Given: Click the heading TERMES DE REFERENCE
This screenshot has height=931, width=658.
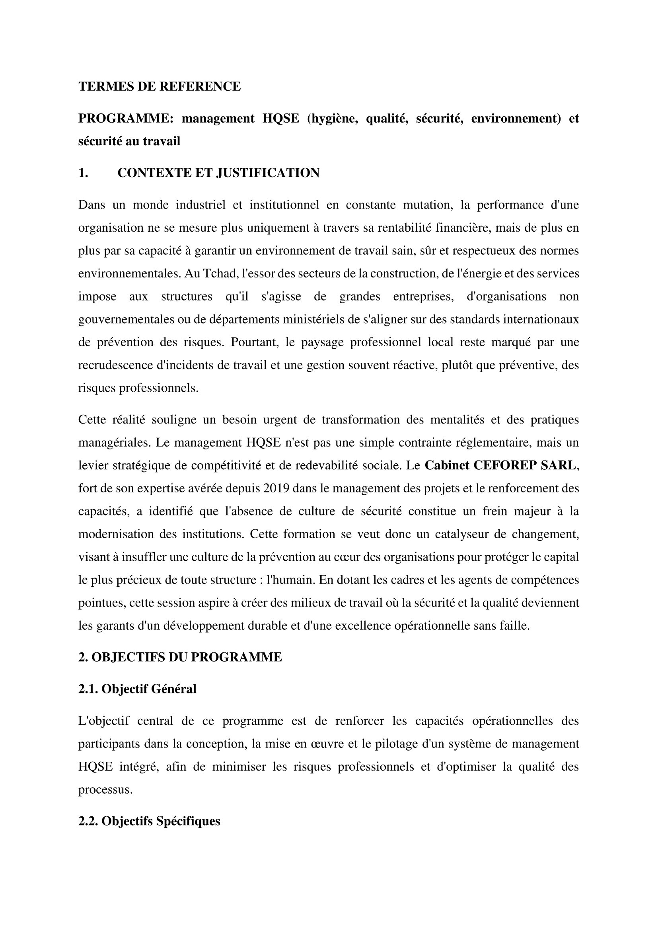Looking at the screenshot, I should click(159, 86).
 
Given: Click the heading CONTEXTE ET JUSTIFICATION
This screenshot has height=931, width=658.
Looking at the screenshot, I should click(218, 173).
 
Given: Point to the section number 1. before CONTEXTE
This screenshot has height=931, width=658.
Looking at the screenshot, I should click(83, 173).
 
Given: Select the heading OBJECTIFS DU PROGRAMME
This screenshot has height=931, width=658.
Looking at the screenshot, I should click(180, 657).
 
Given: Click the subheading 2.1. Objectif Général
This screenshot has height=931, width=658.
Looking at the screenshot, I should click(137, 689).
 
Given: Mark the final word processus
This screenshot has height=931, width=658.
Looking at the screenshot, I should click(105, 789).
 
